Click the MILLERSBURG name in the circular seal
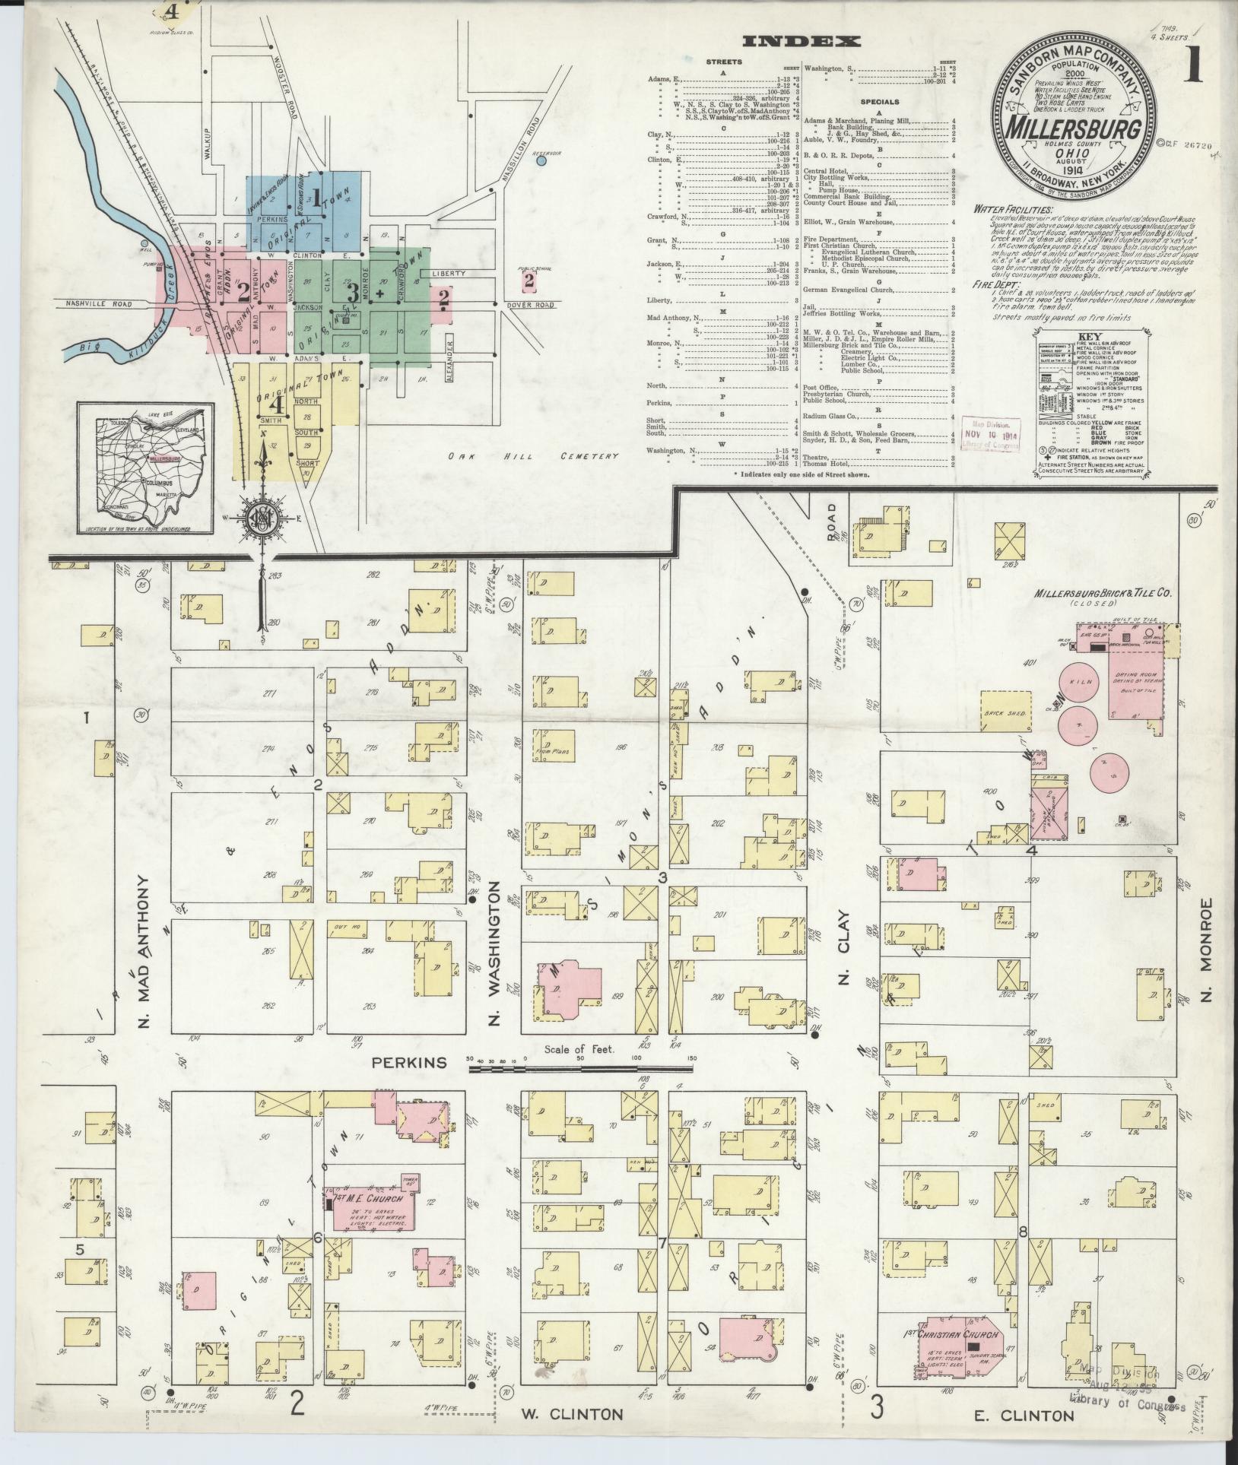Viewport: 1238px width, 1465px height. coord(1075,128)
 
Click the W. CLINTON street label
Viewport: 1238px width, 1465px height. coord(572,1413)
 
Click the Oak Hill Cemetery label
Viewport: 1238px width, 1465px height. coord(532,456)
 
